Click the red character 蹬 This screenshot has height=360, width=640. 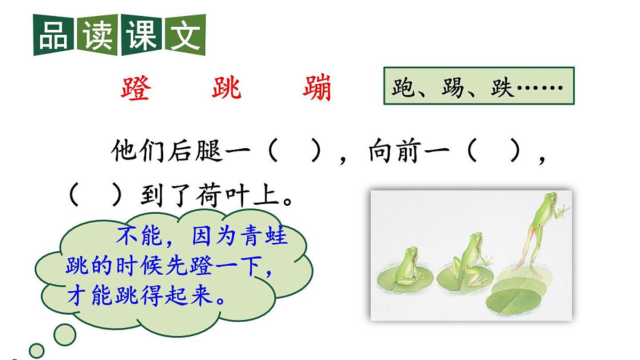[135, 89]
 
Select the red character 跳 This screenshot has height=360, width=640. [227, 89]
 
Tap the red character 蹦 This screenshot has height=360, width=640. [317, 89]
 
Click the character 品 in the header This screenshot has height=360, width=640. [53, 35]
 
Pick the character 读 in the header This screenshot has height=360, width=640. [97, 35]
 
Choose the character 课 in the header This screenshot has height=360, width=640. [141, 35]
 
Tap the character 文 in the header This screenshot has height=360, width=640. [185, 35]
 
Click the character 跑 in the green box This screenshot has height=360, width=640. [403, 87]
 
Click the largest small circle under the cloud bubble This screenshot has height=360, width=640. [65, 334]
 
